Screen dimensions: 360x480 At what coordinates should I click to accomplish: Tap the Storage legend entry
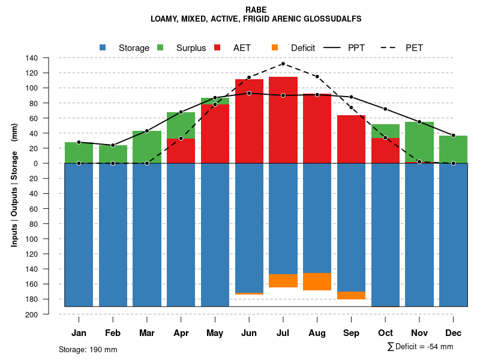click(x=126, y=48)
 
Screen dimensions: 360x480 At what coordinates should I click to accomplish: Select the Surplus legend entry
click(x=183, y=48)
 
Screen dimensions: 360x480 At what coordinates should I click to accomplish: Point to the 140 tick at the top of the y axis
click(x=32, y=58)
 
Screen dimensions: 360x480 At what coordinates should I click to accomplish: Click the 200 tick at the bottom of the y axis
click(x=32, y=314)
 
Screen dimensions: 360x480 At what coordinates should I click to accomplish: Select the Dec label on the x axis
click(x=453, y=333)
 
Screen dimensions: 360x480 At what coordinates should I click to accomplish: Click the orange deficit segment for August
click(x=317, y=281)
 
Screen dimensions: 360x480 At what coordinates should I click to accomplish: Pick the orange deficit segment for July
click(x=283, y=281)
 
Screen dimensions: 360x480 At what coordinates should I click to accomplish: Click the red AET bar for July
click(x=283, y=120)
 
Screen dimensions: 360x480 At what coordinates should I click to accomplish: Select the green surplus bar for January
click(x=79, y=152)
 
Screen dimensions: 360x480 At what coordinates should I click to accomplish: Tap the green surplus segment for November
click(x=419, y=142)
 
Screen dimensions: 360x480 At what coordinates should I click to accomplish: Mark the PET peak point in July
click(x=283, y=64)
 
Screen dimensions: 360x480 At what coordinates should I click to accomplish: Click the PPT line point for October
click(x=385, y=109)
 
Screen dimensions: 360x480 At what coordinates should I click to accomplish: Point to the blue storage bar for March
click(x=146, y=234)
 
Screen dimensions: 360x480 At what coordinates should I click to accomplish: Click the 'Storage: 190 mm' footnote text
click(x=88, y=349)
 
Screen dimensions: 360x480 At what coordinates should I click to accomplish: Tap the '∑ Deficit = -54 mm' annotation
click(x=420, y=346)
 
